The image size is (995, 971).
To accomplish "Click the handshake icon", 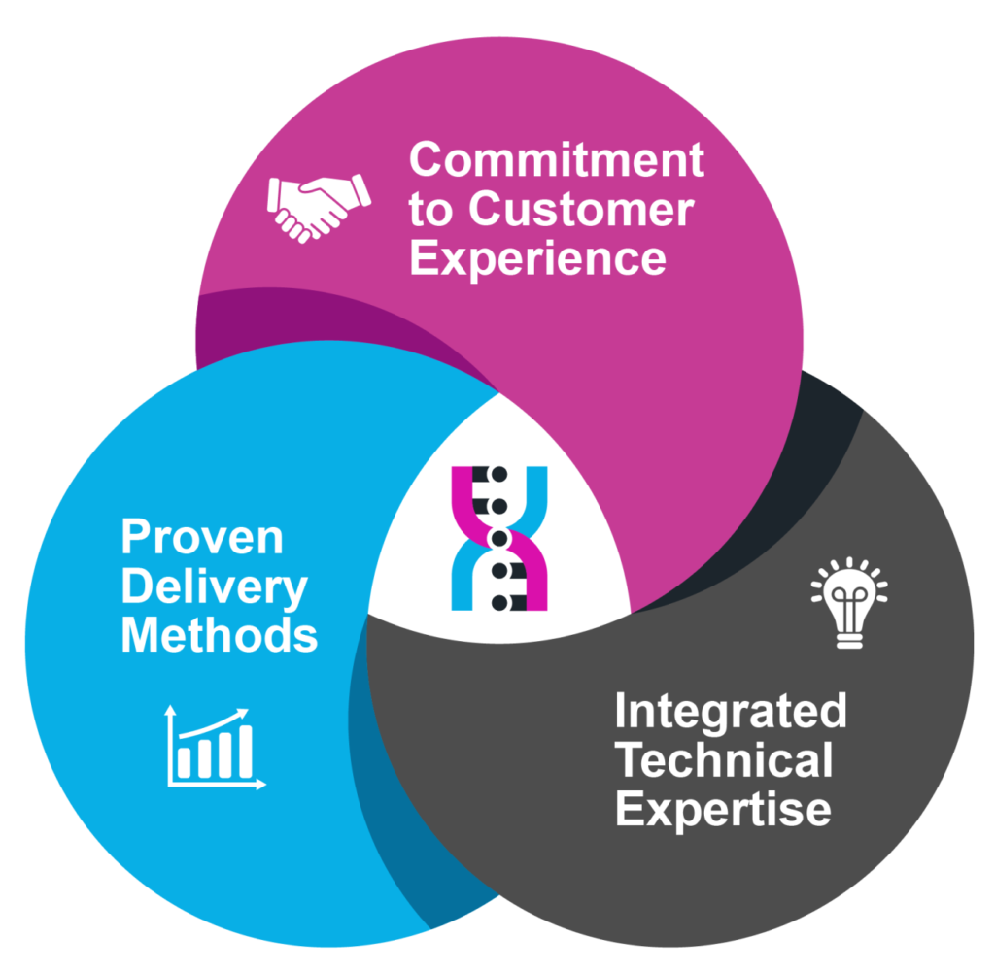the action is tap(319, 208).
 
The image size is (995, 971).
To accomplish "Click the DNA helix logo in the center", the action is tap(499, 539).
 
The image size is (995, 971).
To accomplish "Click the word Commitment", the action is tap(557, 159).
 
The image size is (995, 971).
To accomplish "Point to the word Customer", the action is tap(581, 209).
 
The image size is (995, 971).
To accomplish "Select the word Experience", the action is tap(538, 259).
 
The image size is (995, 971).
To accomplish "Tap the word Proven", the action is tap(202, 537).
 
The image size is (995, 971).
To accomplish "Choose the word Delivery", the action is tap(214, 587).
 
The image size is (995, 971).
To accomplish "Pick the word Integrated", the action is tap(731, 713).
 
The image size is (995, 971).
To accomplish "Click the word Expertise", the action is tap(723, 810).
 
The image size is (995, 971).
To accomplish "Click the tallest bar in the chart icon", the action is tap(245, 752).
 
